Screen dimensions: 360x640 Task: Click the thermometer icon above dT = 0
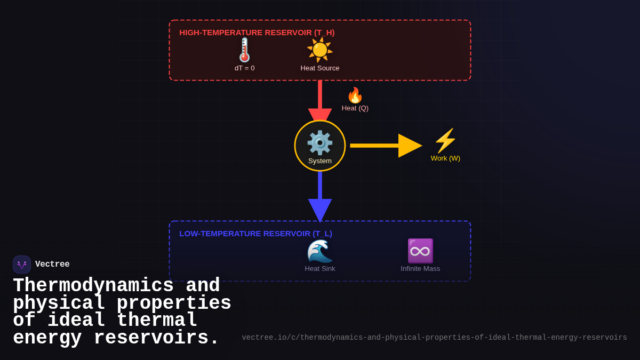click(x=244, y=50)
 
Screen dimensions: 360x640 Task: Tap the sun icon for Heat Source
click(x=320, y=50)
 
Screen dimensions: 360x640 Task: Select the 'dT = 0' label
click(x=244, y=68)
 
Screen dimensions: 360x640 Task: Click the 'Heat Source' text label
click(x=320, y=68)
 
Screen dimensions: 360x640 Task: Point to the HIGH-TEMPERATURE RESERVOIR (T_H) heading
click(x=257, y=33)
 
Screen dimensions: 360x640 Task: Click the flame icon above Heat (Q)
click(x=355, y=95)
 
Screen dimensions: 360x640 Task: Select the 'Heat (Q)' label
click(x=355, y=108)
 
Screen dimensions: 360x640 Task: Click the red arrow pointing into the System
click(x=320, y=101)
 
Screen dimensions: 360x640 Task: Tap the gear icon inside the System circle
click(x=320, y=142)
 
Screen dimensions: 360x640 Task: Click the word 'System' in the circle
click(x=320, y=161)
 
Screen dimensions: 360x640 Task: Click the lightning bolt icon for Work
click(x=445, y=141)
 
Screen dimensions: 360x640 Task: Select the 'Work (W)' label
click(x=445, y=158)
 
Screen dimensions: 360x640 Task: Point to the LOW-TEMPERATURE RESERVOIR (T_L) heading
click(x=255, y=234)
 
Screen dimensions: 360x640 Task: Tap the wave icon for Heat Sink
click(x=320, y=251)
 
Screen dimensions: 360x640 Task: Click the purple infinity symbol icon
click(x=420, y=251)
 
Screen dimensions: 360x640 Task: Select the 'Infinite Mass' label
click(x=420, y=269)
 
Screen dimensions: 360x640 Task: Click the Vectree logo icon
click(x=22, y=265)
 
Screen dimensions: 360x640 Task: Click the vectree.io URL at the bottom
click(x=434, y=338)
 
